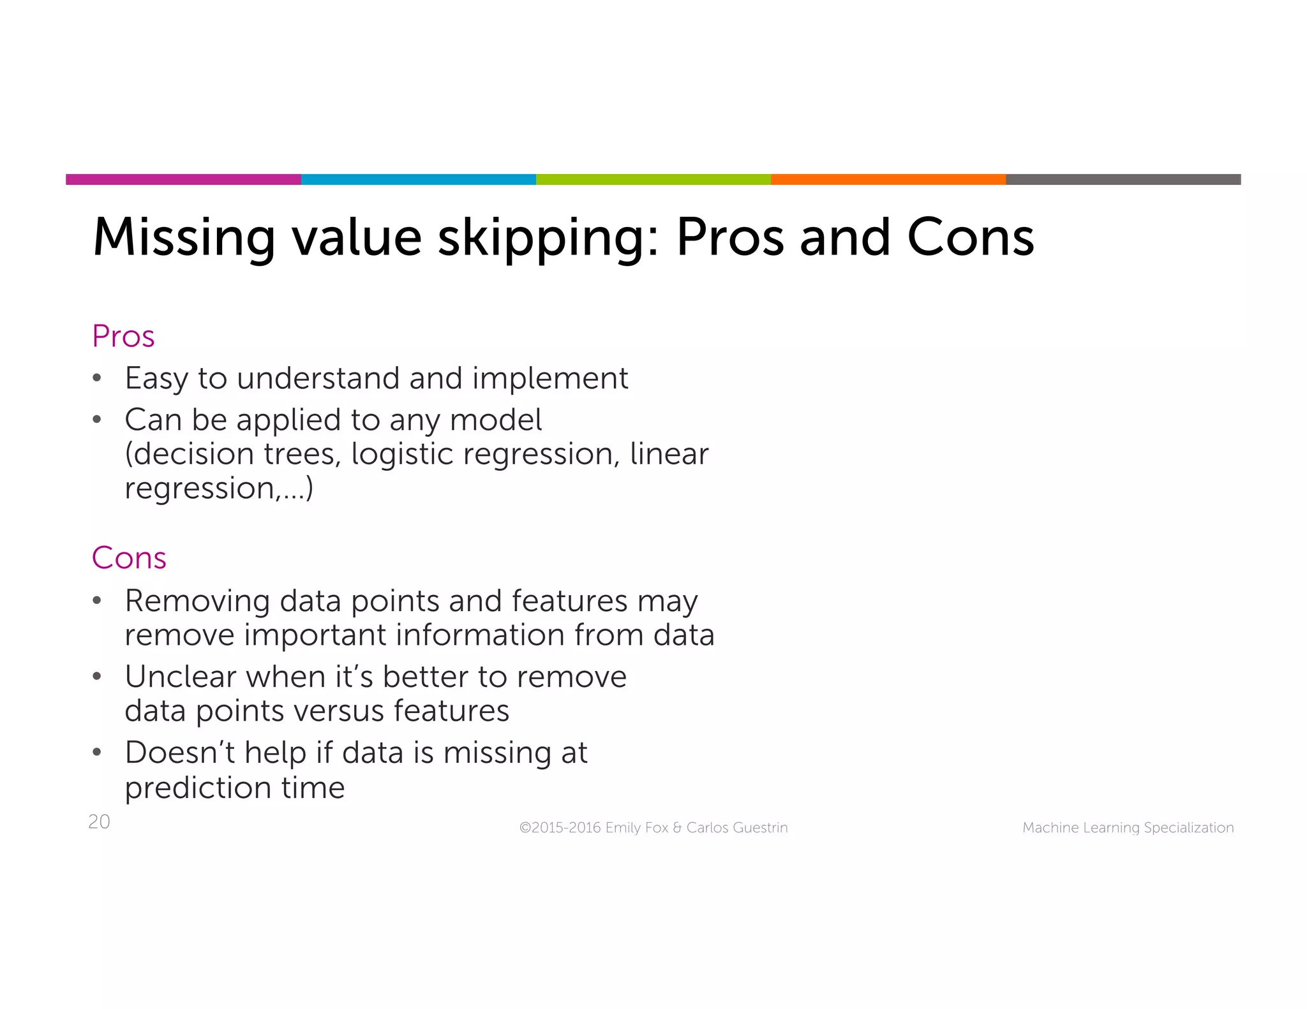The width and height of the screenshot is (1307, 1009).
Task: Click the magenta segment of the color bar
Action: (x=183, y=179)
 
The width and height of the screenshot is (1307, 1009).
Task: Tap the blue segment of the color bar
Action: (x=418, y=179)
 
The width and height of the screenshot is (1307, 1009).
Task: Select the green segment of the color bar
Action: (x=653, y=179)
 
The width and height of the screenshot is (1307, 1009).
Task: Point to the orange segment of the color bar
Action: (x=888, y=179)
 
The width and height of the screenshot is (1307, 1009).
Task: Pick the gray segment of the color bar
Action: (x=1123, y=179)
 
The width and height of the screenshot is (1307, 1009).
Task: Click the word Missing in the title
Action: (x=184, y=238)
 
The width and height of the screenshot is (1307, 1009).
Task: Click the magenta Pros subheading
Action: (x=123, y=336)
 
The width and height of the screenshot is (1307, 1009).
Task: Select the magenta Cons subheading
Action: (x=129, y=558)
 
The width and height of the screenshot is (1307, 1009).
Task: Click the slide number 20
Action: (x=99, y=821)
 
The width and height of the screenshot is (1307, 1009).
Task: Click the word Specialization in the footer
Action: (x=1188, y=828)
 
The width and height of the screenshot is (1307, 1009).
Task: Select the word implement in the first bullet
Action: (x=549, y=379)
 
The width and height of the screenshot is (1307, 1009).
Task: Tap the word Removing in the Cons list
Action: (x=197, y=601)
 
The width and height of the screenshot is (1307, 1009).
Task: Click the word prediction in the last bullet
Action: (x=198, y=788)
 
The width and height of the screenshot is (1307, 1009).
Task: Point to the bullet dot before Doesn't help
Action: (x=97, y=753)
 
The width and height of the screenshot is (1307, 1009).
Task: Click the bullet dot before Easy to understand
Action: (x=97, y=378)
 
